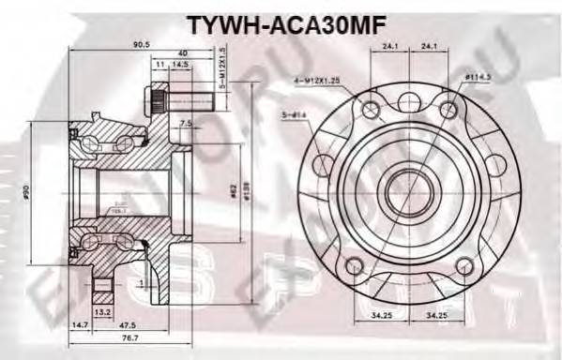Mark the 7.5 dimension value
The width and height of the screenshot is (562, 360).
pyautogui.click(x=186, y=123)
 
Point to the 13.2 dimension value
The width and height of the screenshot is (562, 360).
pyautogui.click(x=105, y=312)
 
